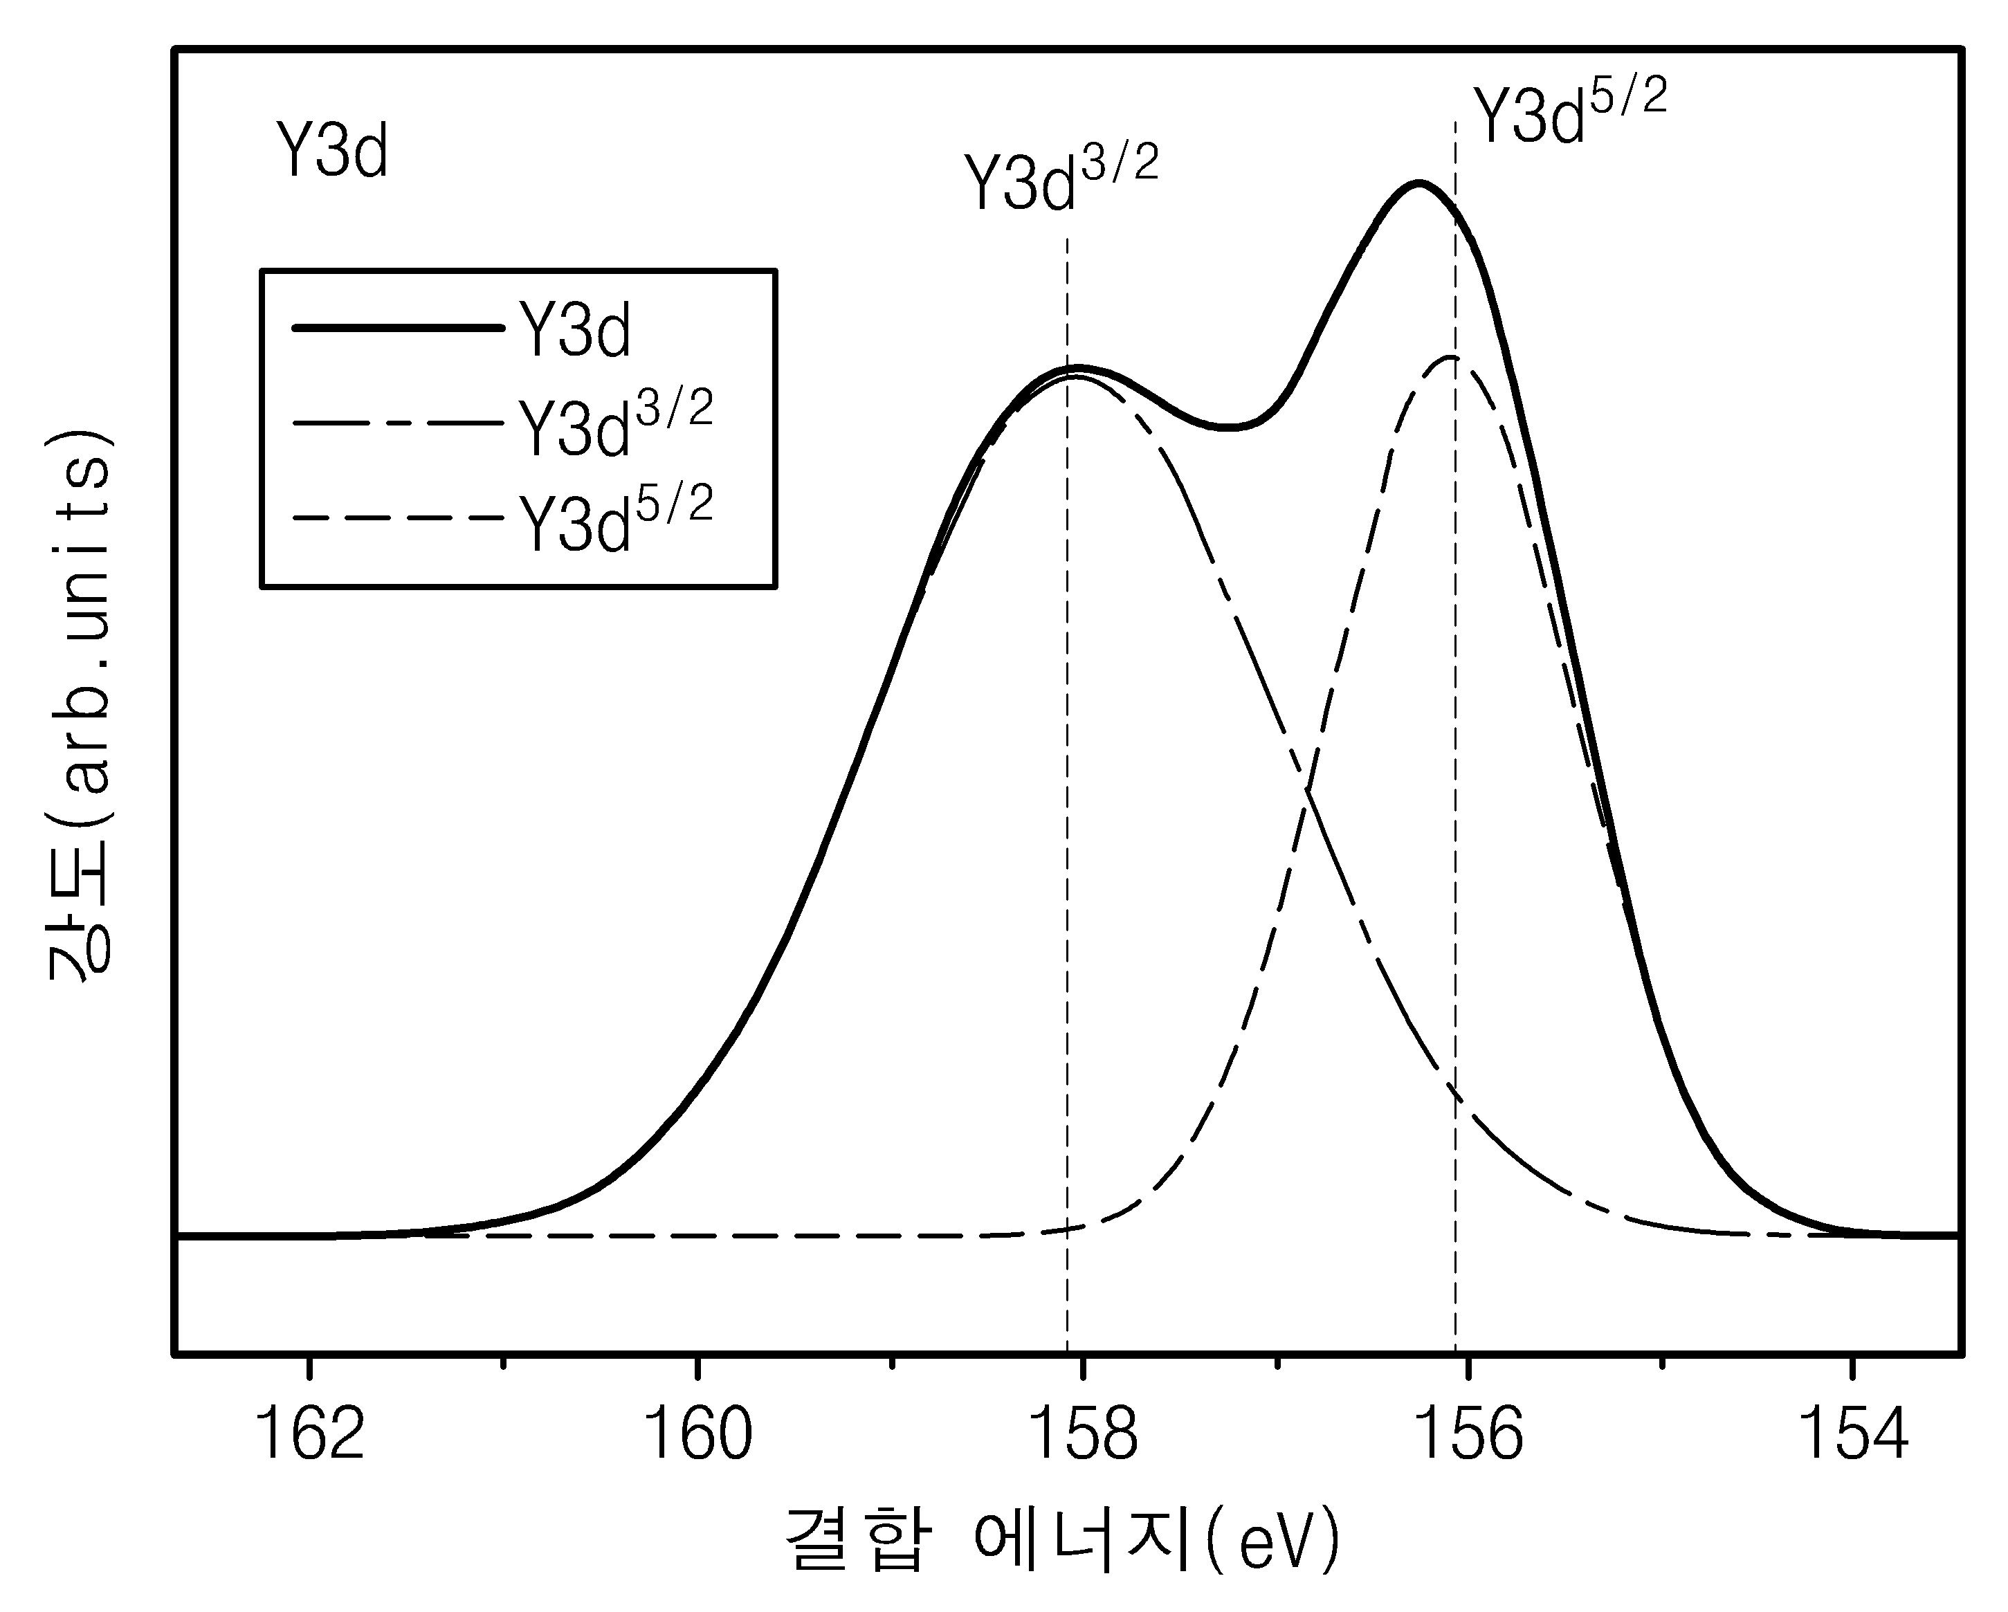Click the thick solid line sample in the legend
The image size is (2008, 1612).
point(399,328)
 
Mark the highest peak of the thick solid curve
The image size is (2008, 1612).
point(1418,183)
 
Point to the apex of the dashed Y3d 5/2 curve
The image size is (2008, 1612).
point(1450,358)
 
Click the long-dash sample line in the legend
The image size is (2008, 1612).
point(399,423)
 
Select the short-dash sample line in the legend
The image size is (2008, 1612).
point(399,518)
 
